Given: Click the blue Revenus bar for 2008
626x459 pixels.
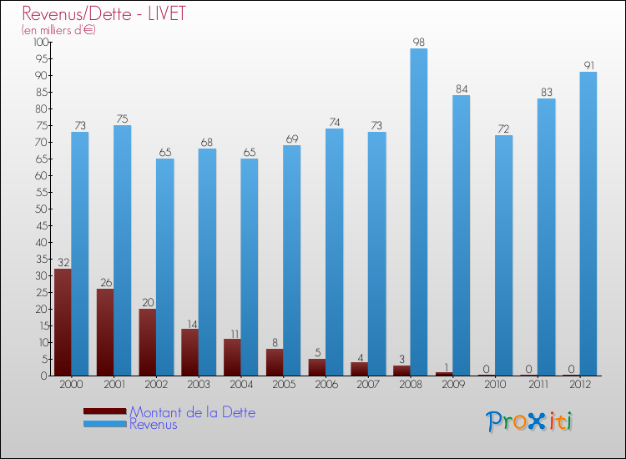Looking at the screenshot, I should [418, 212].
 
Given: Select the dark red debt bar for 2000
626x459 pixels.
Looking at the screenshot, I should [63, 322].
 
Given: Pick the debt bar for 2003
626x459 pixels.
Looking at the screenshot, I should [190, 352].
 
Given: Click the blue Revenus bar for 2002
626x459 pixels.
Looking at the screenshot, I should [164, 267].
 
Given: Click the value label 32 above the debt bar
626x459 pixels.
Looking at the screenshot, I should [63, 262].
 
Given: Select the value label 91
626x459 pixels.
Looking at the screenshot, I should [588, 65].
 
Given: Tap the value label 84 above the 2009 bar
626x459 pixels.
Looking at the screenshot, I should [461, 88].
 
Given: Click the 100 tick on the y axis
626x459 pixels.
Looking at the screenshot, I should [38, 42].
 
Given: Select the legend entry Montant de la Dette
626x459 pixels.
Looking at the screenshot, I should [192, 412].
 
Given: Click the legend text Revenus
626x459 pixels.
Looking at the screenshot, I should [154, 424].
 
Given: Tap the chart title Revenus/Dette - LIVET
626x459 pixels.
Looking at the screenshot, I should [104, 14].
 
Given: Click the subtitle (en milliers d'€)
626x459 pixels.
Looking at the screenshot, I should [58, 30].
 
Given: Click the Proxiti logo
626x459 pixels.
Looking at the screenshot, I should [531, 421].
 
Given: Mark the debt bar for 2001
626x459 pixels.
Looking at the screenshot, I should [105, 332].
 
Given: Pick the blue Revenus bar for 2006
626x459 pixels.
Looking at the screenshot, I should [334, 252].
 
